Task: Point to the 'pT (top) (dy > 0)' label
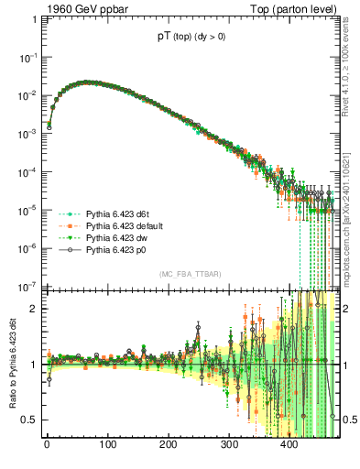(192, 39)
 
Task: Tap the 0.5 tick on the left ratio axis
(28, 420)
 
